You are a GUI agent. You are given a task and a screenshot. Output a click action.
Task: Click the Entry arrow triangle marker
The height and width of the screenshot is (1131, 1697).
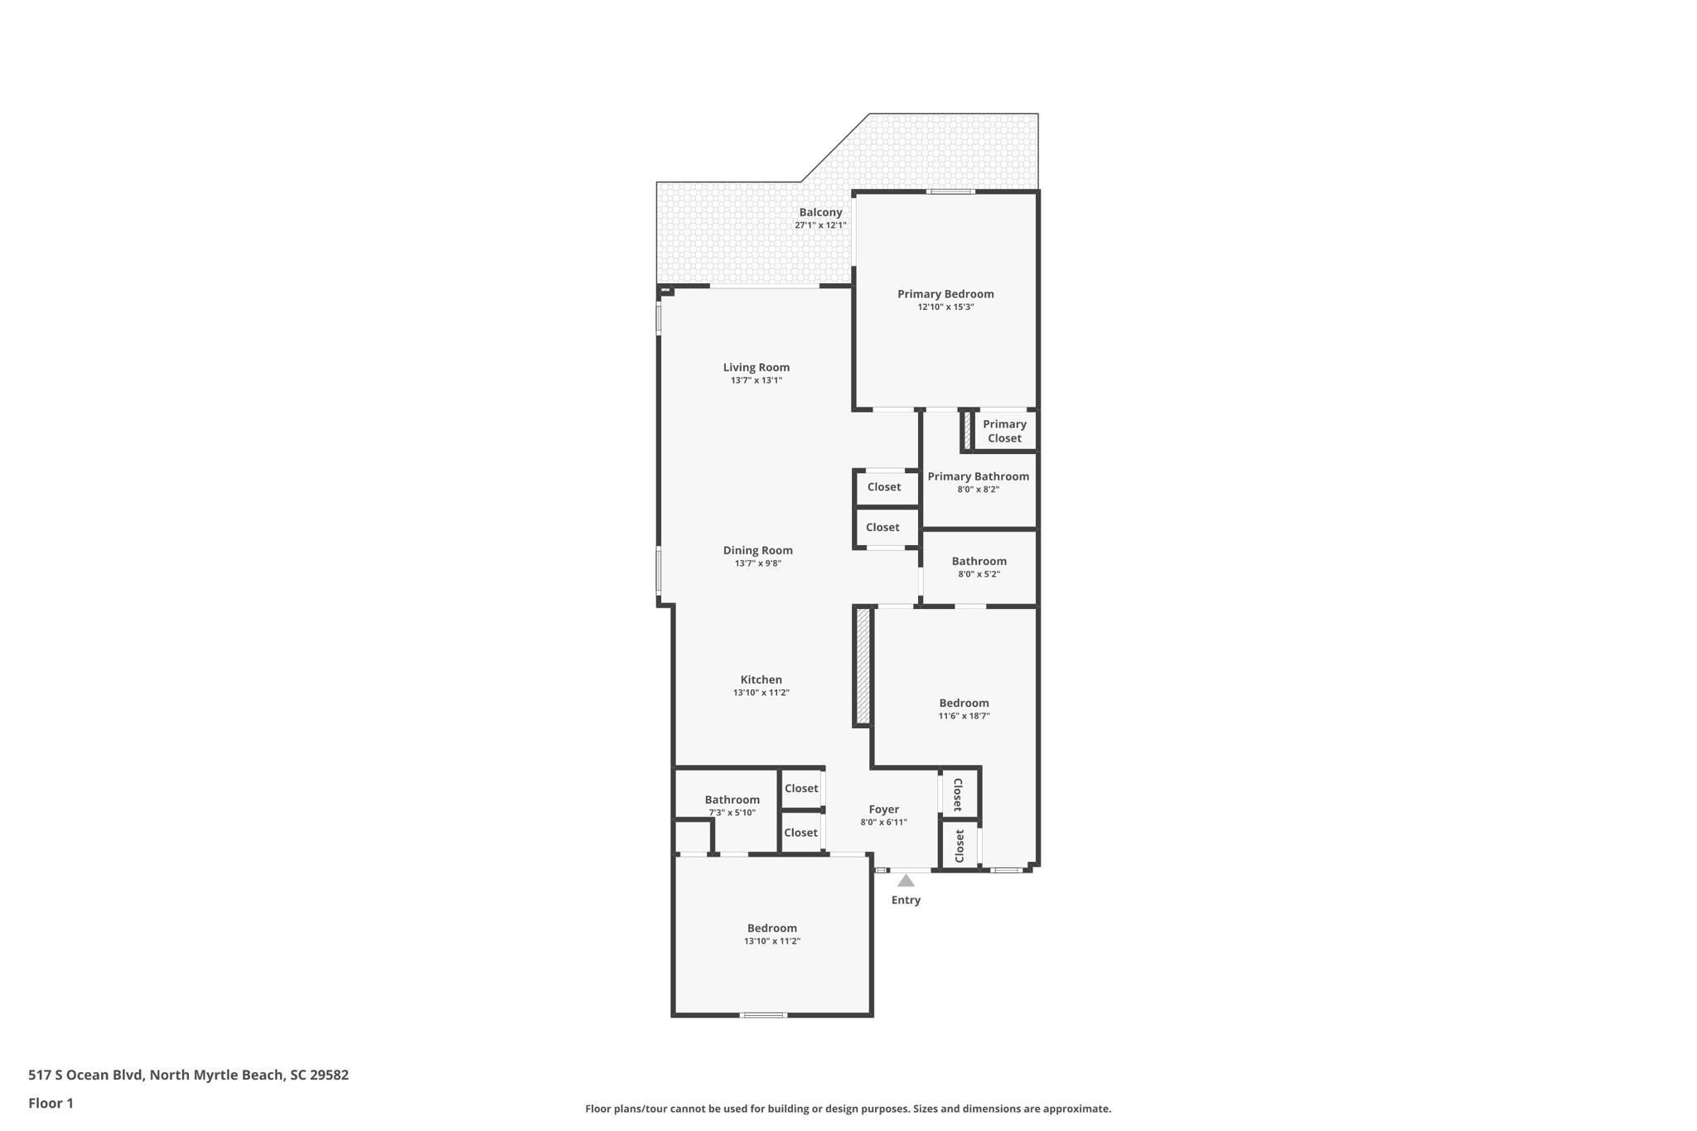pyautogui.click(x=906, y=881)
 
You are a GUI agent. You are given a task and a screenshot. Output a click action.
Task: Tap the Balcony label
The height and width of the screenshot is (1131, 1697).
pyautogui.click(x=820, y=212)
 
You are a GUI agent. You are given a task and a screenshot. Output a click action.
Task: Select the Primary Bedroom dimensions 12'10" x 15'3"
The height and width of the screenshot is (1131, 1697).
pyautogui.click(x=945, y=307)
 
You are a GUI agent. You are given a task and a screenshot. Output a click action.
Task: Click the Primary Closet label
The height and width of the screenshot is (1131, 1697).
pyautogui.click(x=1004, y=431)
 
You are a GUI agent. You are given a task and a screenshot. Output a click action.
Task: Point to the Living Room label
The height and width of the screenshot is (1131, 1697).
pyautogui.click(x=756, y=367)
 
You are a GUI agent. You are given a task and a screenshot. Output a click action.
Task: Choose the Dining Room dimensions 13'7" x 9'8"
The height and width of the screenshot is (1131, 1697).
pyautogui.click(x=757, y=563)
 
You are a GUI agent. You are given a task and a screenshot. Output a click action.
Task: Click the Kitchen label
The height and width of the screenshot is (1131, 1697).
pyautogui.click(x=761, y=679)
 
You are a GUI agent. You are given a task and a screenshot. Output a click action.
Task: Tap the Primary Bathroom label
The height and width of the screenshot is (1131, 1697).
pyautogui.click(x=978, y=476)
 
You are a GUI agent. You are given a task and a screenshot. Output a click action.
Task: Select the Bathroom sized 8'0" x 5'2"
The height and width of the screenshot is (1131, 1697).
pyautogui.click(x=979, y=561)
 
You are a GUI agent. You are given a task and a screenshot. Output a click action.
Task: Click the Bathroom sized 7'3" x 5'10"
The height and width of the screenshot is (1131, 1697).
pyautogui.click(x=732, y=800)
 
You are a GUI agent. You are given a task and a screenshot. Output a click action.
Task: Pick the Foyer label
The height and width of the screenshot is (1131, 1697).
pyautogui.click(x=883, y=810)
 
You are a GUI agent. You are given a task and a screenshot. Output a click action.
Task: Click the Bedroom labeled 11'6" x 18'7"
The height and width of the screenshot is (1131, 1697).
pyautogui.click(x=964, y=703)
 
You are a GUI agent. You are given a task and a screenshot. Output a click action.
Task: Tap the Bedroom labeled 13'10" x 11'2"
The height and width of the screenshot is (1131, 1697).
pyautogui.click(x=771, y=928)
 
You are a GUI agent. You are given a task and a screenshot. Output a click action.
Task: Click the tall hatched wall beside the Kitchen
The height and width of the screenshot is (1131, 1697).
pyautogui.click(x=863, y=666)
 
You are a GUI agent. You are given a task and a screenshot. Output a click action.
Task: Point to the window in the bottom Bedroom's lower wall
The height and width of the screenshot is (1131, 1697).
pyautogui.click(x=763, y=1015)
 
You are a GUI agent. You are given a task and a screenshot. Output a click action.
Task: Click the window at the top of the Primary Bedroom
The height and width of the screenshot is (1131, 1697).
pyautogui.click(x=950, y=191)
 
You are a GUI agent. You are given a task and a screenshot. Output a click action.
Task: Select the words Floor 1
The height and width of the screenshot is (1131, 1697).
pyautogui.click(x=51, y=1103)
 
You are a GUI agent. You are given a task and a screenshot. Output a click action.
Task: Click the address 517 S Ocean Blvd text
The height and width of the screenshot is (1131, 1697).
pyautogui.click(x=188, y=1075)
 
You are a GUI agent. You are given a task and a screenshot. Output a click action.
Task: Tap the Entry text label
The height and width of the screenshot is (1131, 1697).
pyautogui.click(x=906, y=900)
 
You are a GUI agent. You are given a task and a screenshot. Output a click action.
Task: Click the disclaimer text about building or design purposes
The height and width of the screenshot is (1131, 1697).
pyautogui.click(x=848, y=1109)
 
